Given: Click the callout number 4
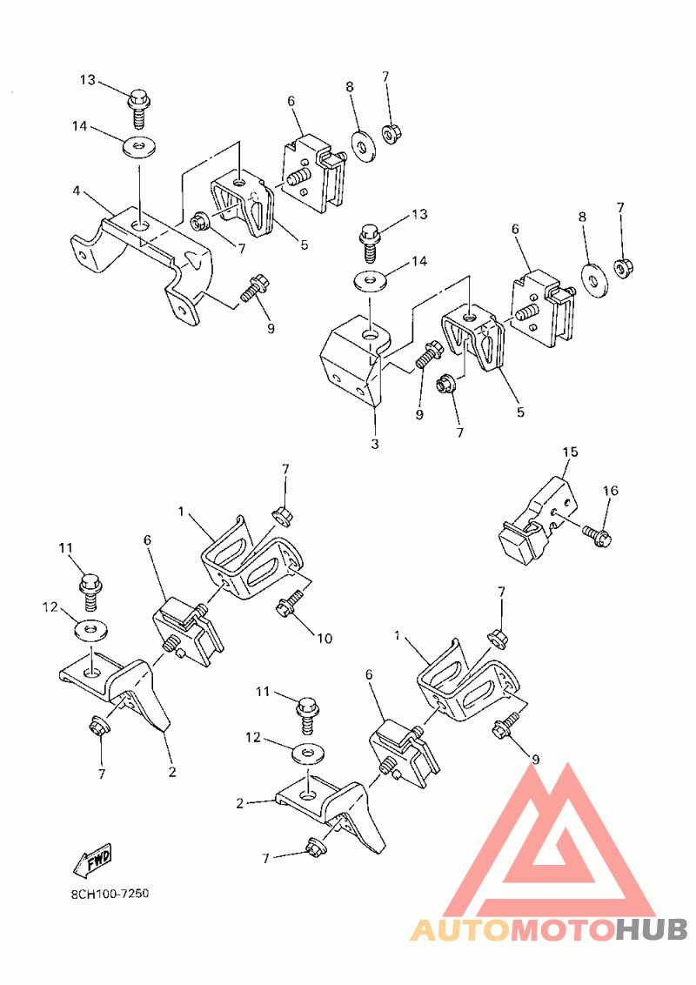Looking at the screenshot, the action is (77, 190).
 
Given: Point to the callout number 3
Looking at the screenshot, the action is (375, 444).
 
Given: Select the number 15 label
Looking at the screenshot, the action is (570, 452).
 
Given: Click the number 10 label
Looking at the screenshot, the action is (325, 638).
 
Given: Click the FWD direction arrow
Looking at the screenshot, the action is (91, 860).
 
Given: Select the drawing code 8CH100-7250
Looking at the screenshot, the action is (110, 894).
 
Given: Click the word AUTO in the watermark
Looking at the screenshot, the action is (460, 929).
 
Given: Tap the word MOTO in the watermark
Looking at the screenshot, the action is (561, 929).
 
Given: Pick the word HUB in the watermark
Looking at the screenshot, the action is (651, 929).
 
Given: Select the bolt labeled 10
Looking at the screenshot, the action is (291, 602).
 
